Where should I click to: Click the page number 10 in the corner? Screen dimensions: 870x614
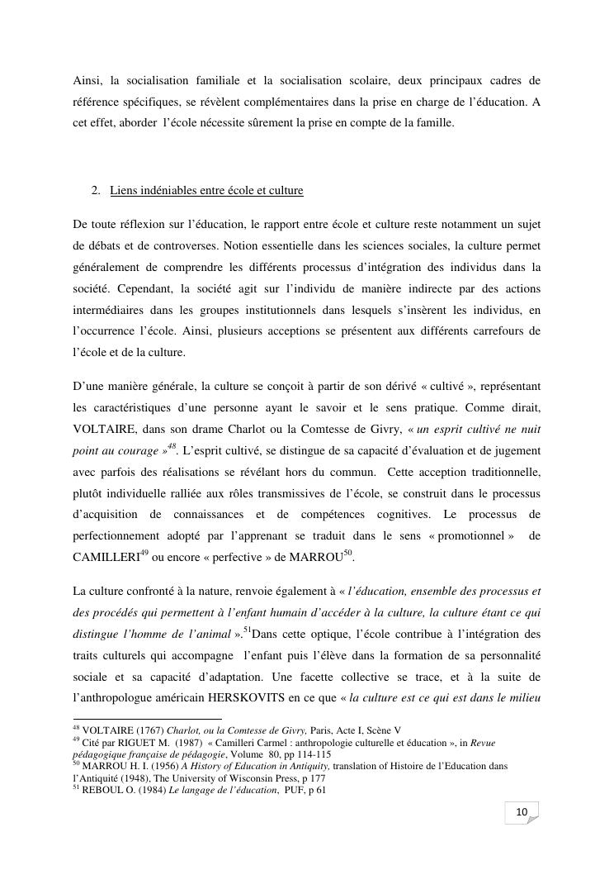pyautogui.click(x=522, y=813)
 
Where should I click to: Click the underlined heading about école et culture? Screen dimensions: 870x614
pyautogui.click(x=206, y=191)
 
